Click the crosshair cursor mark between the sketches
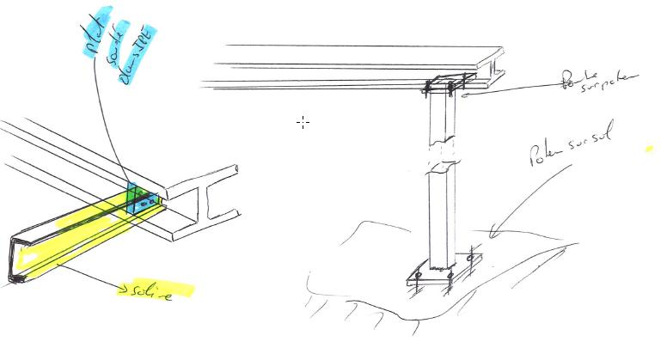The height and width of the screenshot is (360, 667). pyautogui.click(x=303, y=122)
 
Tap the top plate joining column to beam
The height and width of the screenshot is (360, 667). pyautogui.click(x=447, y=87)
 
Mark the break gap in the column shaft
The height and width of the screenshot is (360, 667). pyautogui.click(x=444, y=155)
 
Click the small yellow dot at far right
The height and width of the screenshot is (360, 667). pyautogui.click(x=649, y=149)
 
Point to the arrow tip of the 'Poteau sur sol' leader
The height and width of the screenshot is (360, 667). pyautogui.click(x=491, y=230)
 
